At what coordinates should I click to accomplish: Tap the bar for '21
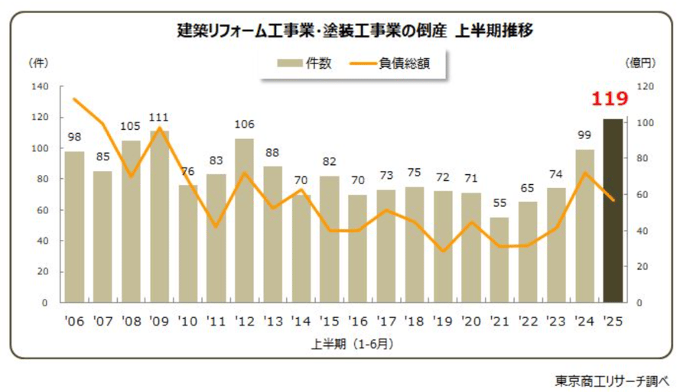pos(499,260)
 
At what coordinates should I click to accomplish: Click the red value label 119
pos(610,99)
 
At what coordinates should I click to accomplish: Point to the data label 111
pos(159,118)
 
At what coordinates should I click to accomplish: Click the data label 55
pos(499,205)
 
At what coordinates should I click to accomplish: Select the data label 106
pos(244,125)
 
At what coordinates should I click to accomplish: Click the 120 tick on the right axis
pos(646,86)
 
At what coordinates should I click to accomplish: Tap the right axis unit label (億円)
pos(640,61)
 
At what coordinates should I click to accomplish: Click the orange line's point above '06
pos(74,99)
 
